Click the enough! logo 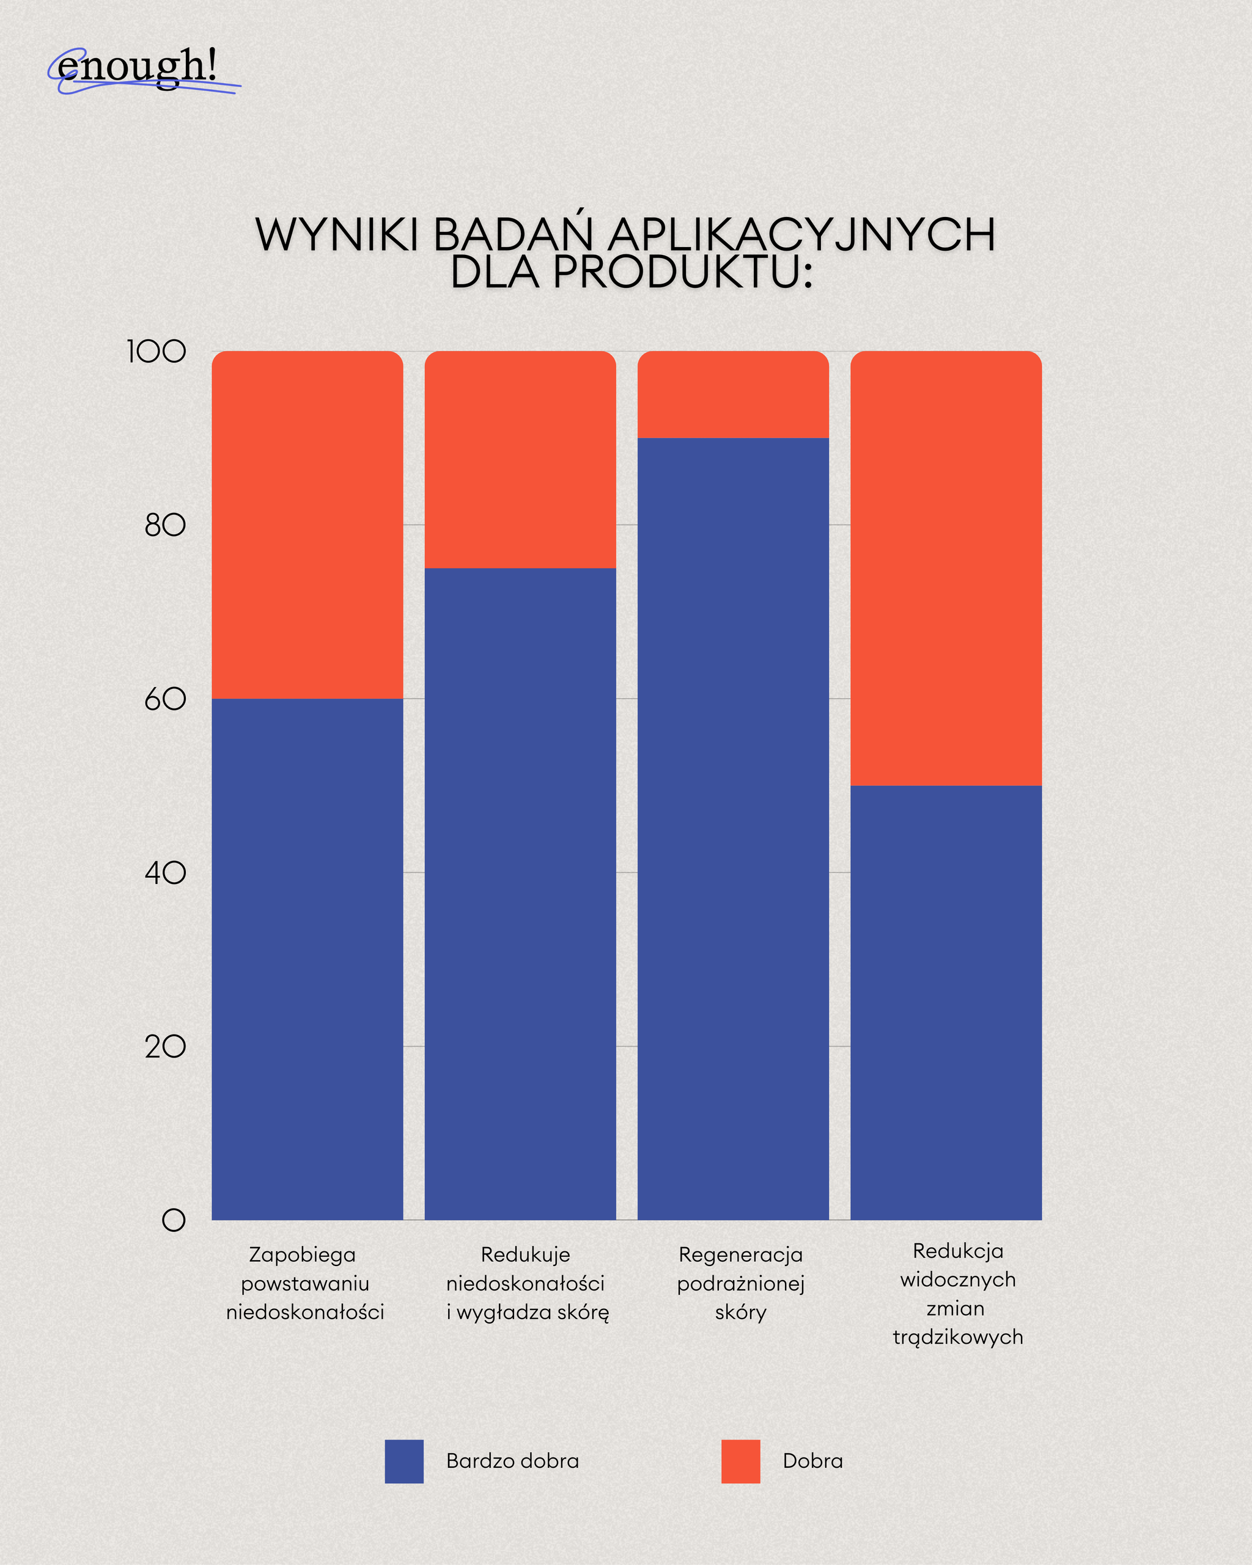138,69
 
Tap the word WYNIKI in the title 337,235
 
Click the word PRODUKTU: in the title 682,272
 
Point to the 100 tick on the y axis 156,352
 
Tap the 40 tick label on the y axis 165,873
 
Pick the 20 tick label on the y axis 165,1047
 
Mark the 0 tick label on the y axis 174,1220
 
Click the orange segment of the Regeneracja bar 733,395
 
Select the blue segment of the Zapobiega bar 307,958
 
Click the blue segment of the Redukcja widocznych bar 946,1002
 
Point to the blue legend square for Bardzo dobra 404,1461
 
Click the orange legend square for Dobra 740,1461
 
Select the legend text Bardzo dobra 512,1461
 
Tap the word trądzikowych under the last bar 957,1338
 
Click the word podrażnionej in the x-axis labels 740,1284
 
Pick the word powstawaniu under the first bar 305,1284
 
